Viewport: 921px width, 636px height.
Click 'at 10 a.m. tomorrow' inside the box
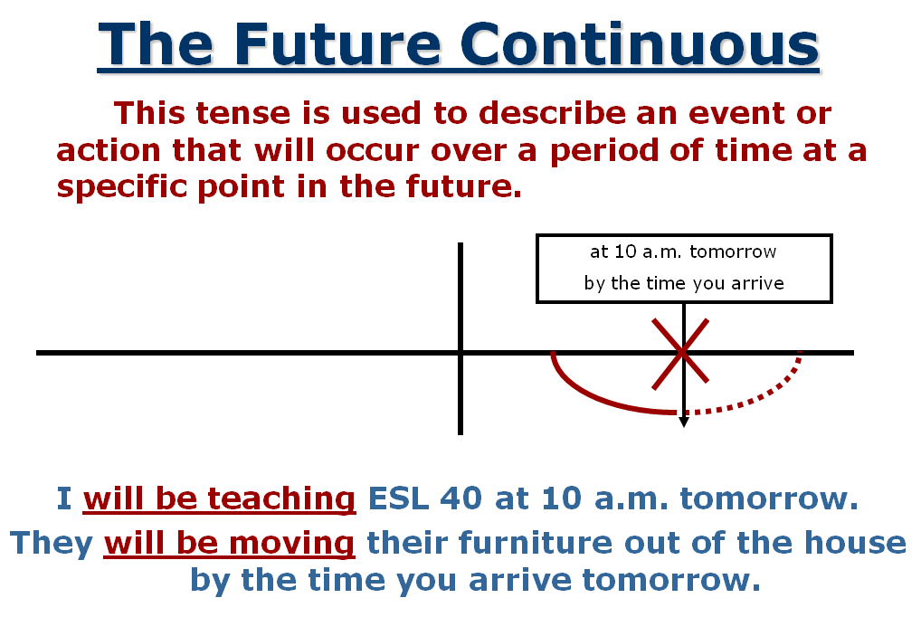[683, 252]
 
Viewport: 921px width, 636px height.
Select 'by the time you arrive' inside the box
[683, 283]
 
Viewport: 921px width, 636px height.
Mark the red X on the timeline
[682, 351]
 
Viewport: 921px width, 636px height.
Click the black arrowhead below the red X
[684, 422]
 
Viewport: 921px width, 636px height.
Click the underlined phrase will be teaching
[219, 498]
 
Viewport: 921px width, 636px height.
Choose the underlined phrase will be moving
[229, 544]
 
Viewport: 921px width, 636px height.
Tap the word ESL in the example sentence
[398, 498]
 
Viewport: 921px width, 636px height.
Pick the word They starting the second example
[52, 544]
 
